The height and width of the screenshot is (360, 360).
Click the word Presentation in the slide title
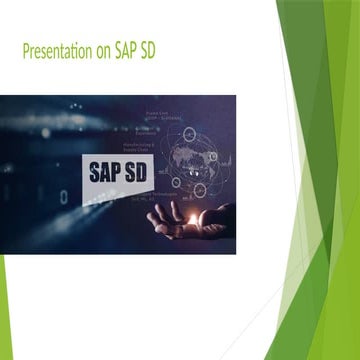click(x=62, y=51)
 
